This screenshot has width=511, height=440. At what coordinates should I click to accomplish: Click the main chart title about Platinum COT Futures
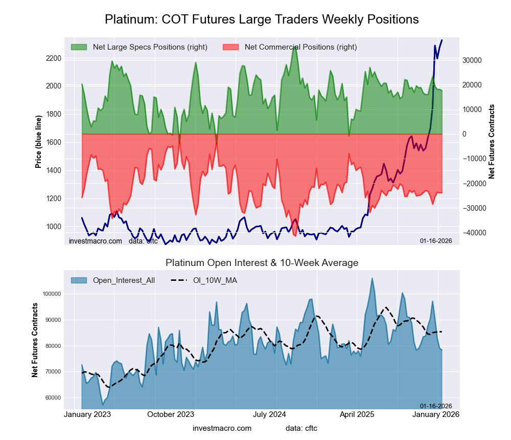coord(262,19)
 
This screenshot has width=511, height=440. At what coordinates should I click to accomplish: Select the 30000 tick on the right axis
coord(472,60)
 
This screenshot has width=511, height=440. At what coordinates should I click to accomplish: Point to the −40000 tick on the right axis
coord(471,233)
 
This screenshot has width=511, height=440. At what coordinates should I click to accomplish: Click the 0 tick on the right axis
coord(465,134)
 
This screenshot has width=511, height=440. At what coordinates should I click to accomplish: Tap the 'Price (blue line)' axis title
coord(38,141)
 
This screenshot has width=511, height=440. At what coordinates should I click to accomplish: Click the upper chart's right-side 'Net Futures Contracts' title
coord(492,141)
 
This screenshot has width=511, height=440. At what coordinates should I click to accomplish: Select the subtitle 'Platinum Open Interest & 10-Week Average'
coord(262,263)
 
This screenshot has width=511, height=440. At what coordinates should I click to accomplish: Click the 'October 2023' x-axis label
coord(171,414)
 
